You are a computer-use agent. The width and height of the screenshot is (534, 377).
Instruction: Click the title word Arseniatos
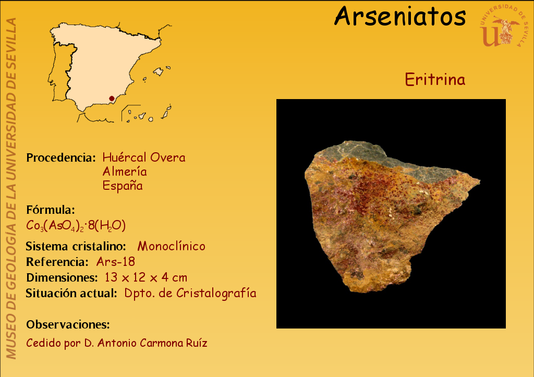(x=400, y=16)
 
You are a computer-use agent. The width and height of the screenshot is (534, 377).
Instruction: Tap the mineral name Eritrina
(x=435, y=79)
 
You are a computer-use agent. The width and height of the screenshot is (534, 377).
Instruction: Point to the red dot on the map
(x=112, y=99)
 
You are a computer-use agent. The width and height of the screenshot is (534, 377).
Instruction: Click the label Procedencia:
(x=61, y=157)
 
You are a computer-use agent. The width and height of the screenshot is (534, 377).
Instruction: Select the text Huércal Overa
(x=144, y=157)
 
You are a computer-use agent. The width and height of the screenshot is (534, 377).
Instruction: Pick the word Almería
(x=125, y=172)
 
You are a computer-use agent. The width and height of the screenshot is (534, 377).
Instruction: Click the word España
(x=123, y=186)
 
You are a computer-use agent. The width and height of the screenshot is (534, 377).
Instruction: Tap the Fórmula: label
(x=51, y=210)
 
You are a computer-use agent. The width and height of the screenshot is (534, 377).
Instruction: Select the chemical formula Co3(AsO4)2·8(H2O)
(x=76, y=225)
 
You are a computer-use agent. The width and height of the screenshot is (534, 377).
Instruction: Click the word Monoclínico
(x=171, y=246)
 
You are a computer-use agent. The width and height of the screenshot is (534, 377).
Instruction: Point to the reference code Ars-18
(x=115, y=262)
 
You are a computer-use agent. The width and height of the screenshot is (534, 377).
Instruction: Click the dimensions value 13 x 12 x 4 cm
(x=146, y=277)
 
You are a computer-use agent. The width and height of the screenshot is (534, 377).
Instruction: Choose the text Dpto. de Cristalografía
(x=190, y=293)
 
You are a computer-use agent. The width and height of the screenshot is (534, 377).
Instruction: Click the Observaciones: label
(x=68, y=324)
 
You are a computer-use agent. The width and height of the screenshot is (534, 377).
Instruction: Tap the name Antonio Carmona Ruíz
(x=152, y=343)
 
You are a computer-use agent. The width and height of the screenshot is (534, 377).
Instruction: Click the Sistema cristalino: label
(x=76, y=246)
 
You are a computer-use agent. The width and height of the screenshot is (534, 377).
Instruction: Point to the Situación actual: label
(x=71, y=293)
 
